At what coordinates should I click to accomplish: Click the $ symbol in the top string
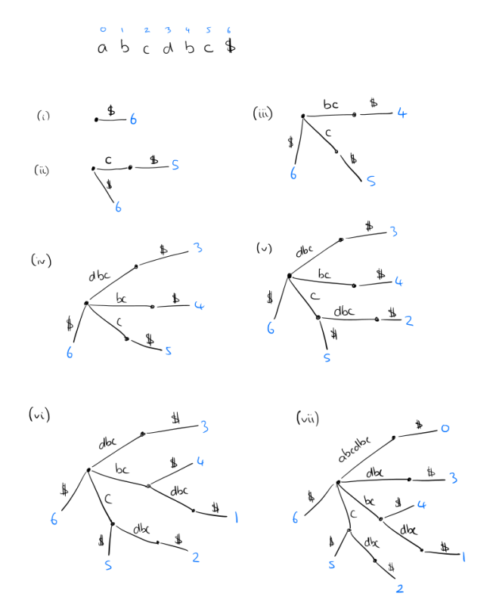pos(230,47)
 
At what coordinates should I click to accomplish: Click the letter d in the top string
pos(168,48)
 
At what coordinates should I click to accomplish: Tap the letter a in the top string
pos(102,49)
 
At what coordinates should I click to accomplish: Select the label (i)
pos(43,116)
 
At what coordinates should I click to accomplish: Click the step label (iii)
pos(262,113)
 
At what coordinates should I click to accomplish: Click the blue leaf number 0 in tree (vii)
pos(445,429)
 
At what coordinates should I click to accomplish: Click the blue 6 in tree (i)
pos(133,119)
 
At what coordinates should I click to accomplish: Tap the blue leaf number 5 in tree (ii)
pos(175,164)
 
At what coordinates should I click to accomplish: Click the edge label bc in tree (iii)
pos(330,105)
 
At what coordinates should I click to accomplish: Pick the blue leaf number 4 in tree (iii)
pos(402,114)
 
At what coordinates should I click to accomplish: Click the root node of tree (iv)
pos(86,303)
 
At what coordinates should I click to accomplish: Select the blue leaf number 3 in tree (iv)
pos(198,248)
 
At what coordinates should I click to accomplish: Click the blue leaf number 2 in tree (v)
pos(408,321)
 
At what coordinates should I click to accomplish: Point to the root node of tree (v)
pos(289,276)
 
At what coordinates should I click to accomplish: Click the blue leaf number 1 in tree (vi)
pos(236,518)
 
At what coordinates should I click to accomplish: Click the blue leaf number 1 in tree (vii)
pos(463,557)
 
